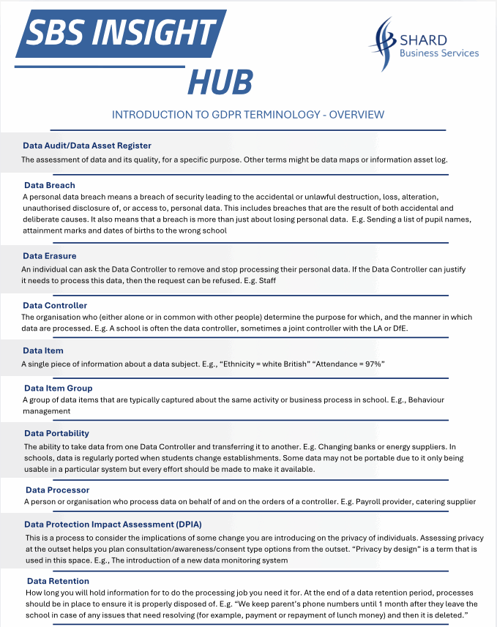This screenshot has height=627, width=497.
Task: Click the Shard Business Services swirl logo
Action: pyautogui.click(x=383, y=42)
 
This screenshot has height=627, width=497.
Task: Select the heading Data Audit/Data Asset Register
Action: pyautogui.click(x=87, y=146)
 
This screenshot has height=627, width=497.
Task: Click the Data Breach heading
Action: pyautogui.click(x=50, y=185)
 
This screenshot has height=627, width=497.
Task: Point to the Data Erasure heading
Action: pyautogui.click(x=50, y=256)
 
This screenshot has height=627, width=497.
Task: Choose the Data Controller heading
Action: pyautogui.click(x=55, y=305)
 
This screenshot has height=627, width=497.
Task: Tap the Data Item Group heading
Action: pyautogui.click(x=59, y=388)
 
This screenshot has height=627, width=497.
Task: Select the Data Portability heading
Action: pyautogui.click(x=57, y=433)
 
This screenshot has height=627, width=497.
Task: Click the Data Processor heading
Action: pyautogui.click(x=58, y=489)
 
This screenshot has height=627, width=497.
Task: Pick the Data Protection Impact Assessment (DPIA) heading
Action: pyautogui.click(x=113, y=525)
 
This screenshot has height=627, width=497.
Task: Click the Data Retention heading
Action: pyautogui.click(x=57, y=581)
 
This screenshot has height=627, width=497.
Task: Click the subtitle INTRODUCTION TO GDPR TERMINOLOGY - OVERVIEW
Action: pyautogui.click(x=248, y=115)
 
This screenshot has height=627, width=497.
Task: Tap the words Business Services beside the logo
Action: pyautogui.click(x=439, y=53)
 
